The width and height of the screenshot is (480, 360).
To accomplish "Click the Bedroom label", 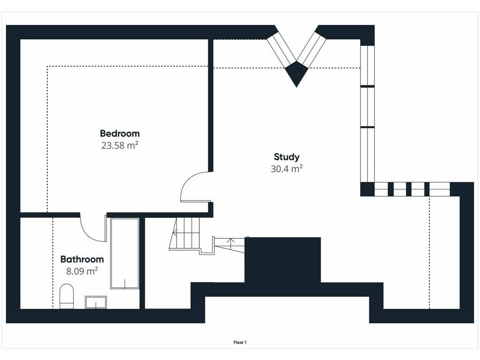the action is [x=120, y=134].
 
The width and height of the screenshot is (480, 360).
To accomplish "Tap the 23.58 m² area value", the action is [x=120, y=145].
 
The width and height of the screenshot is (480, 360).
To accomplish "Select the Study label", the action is [x=286, y=157].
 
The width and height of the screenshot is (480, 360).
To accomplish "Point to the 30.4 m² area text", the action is [x=286, y=169].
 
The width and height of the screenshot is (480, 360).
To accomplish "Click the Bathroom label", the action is [x=82, y=259].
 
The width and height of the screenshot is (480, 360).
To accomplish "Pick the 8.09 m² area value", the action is [x=82, y=271].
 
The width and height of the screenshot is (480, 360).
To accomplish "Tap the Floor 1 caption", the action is [x=240, y=343].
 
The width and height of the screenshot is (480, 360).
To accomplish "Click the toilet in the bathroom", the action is [x=67, y=296].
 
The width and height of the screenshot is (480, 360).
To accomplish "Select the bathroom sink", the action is [x=96, y=302].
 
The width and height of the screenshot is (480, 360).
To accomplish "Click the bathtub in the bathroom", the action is [x=125, y=254].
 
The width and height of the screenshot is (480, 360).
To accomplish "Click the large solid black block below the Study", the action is [x=283, y=260].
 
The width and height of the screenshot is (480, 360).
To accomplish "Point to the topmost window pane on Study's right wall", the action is [x=367, y=66].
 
